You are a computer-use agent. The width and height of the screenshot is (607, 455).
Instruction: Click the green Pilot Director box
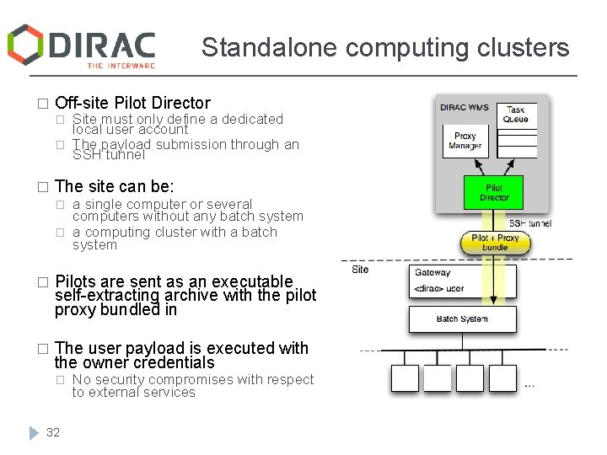[x=493, y=193]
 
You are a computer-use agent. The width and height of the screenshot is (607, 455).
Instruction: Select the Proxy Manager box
[x=465, y=141]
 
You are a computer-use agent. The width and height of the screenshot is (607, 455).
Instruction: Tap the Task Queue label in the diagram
[x=516, y=114]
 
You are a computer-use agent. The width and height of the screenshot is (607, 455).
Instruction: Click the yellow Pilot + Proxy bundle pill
[x=496, y=244]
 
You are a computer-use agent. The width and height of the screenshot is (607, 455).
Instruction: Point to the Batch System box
[x=462, y=319]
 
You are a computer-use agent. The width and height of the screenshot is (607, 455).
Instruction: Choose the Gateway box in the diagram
[x=462, y=281]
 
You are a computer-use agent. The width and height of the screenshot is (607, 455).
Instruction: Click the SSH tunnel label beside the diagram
[x=529, y=223]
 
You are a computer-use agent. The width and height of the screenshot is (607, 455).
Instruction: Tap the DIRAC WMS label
[x=465, y=107]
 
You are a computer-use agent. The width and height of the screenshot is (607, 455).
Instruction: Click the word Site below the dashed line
[x=360, y=270]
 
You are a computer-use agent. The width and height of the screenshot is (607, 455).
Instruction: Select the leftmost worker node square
[x=405, y=377]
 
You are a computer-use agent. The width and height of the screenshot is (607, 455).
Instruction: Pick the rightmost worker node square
[x=502, y=377]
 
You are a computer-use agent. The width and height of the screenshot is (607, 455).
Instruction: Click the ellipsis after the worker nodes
[x=529, y=386]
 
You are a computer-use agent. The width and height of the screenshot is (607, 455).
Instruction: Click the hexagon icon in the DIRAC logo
[x=25, y=44]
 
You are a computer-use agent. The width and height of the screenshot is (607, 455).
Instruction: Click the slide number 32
[x=53, y=432]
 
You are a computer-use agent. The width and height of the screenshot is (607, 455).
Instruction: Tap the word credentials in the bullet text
[x=176, y=363]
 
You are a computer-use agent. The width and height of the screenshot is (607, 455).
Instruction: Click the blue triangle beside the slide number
[x=33, y=432]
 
